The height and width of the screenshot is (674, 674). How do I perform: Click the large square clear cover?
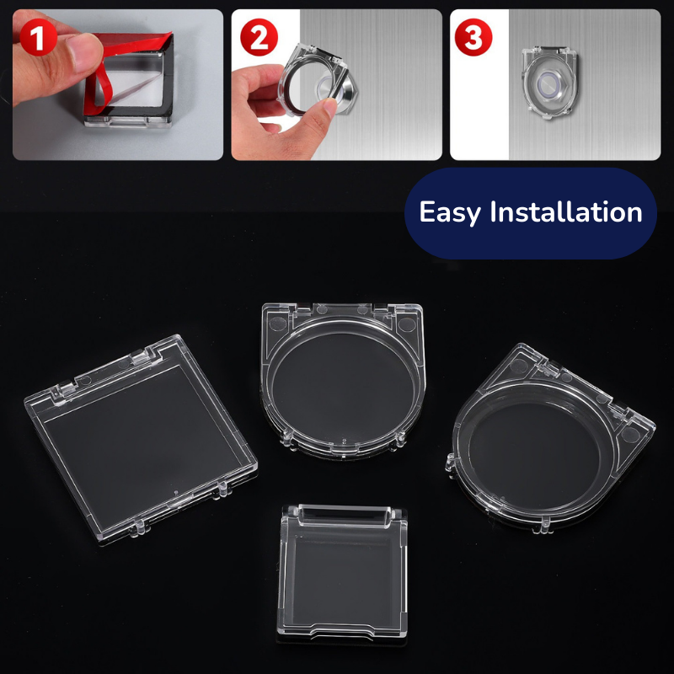(139, 434)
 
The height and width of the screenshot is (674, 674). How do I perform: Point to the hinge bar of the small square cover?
(345, 513)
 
